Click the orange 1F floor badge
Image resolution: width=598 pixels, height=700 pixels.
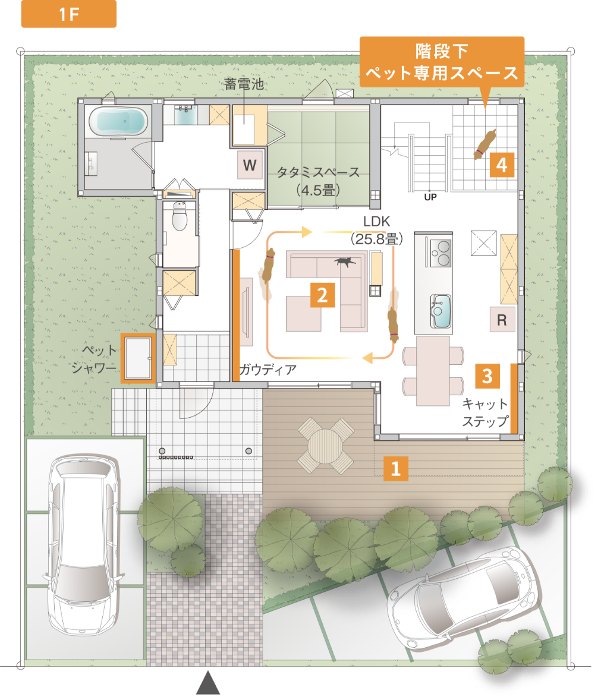click(x=68, y=15)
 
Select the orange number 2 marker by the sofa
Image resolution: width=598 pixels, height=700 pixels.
click(x=322, y=295)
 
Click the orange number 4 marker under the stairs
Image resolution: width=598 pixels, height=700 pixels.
click(x=502, y=165)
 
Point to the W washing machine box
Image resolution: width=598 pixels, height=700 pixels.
click(x=250, y=165)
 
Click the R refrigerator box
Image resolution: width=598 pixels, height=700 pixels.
click(x=501, y=320)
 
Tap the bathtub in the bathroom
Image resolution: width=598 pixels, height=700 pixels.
click(x=118, y=122)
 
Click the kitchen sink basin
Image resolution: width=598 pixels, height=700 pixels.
click(x=440, y=310)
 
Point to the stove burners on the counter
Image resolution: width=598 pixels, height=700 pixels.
click(x=440, y=252)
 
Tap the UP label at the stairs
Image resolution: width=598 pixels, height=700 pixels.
click(x=430, y=198)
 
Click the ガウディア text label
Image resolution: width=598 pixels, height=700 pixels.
click(x=267, y=370)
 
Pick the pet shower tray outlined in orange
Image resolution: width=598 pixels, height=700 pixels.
click(x=137, y=358)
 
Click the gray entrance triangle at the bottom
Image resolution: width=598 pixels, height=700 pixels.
click(x=208, y=683)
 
